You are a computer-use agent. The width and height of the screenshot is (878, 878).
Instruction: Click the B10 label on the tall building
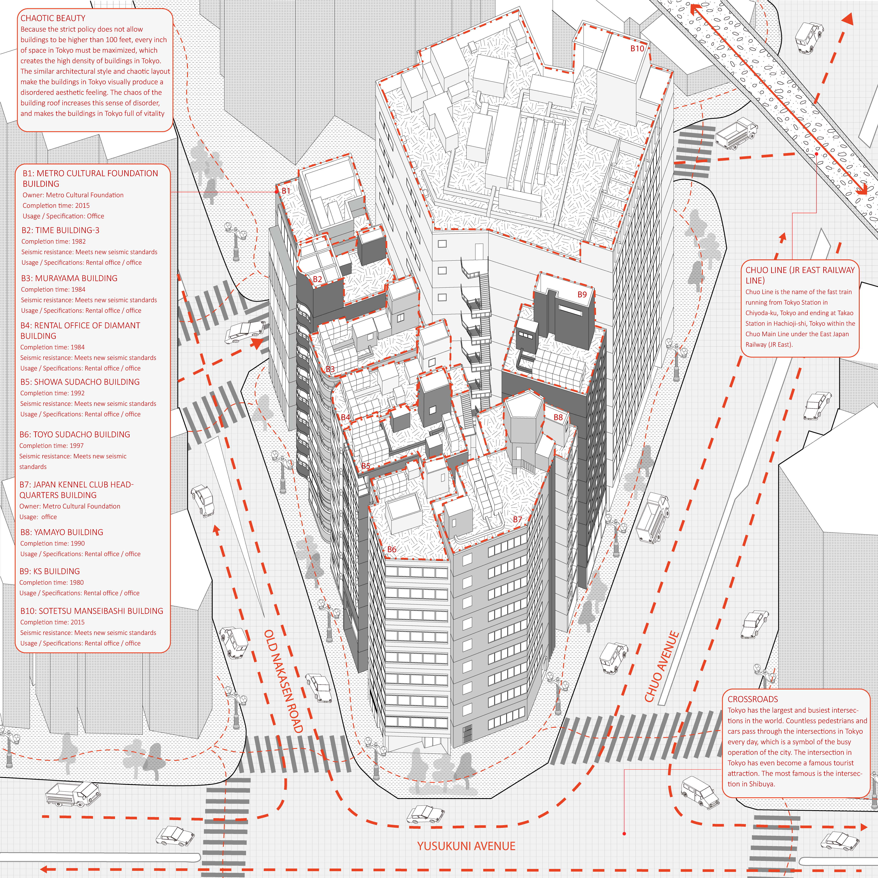(x=637, y=49)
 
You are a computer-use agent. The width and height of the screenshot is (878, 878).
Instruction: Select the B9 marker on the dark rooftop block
(x=582, y=294)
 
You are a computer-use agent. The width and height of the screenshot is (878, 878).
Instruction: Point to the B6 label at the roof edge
(x=392, y=549)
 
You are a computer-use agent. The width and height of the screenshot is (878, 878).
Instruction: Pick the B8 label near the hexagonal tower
(x=558, y=417)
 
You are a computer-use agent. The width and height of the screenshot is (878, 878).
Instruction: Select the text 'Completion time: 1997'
(x=51, y=446)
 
